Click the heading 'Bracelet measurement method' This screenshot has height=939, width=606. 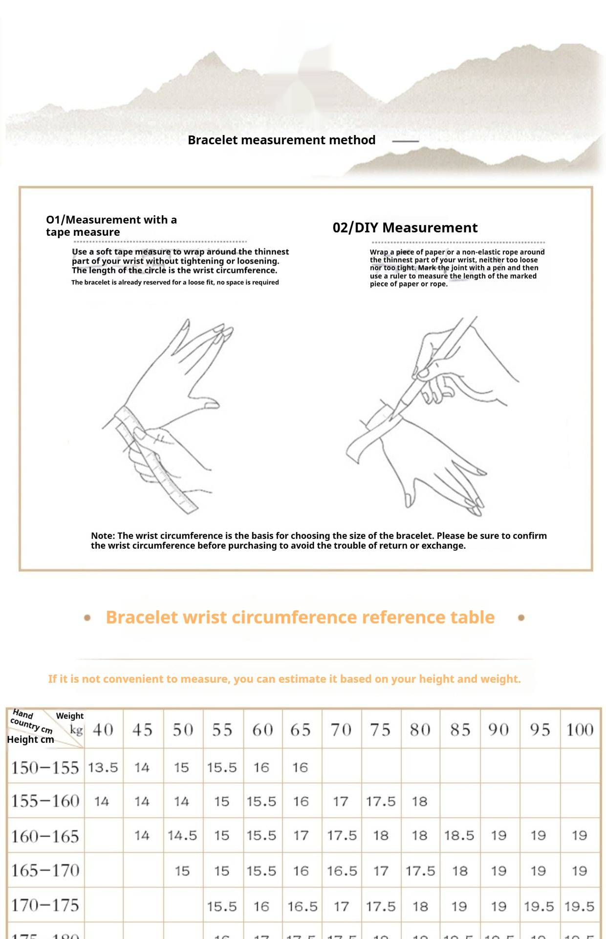(x=281, y=140)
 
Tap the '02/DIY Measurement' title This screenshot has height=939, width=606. (x=405, y=228)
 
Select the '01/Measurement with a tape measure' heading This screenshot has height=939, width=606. (x=111, y=226)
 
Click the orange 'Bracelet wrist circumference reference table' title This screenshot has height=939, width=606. (x=300, y=618)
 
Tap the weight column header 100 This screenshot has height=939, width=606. (x=580, y=730)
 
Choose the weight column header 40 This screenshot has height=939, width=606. (x=103, y=730)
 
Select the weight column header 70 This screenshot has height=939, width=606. (x=341, y=730)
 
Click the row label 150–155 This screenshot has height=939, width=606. (x=45, y=768)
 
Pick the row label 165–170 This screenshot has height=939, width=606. (x=45, y=871)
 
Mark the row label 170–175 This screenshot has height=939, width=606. (x=45, y=906)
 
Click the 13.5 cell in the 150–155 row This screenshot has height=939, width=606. (x=103, y=768)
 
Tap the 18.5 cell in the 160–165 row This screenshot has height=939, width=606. (x=459, y=836)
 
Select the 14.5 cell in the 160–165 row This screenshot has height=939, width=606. (x=182, y=836)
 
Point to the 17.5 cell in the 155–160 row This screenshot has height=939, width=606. (x=381, y=802)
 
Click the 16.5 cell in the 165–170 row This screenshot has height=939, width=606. (x=342, y=871)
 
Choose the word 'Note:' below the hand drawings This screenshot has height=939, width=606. (x=103, y=536)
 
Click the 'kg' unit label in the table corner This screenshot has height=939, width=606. (x=76, y=730)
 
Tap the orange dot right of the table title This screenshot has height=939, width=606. (x=521, y=618)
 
